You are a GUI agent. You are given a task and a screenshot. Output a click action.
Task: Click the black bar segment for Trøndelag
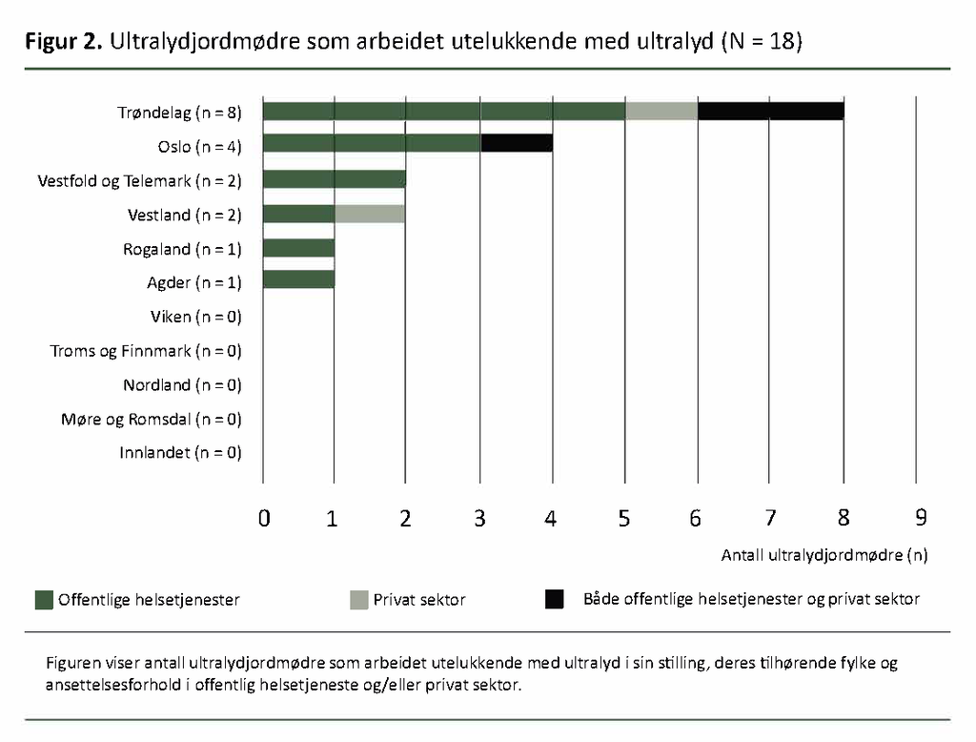[x=771, y=112]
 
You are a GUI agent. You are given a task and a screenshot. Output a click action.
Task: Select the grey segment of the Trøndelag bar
[x=661, y=112]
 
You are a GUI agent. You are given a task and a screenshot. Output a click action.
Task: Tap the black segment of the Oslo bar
[x=517, y=144]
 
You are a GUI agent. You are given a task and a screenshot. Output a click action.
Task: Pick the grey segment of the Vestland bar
[x=370, y=214]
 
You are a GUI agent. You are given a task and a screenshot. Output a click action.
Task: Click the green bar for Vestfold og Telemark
[x=334, y=179]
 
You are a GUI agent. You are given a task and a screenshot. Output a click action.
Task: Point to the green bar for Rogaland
[x=298, y=248]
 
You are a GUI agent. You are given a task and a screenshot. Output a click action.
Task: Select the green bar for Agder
[x=298, y=279]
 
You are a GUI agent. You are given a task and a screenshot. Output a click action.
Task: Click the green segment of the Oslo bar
[x=372, y=144]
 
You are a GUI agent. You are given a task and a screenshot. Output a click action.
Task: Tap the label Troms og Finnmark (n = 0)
[x=146, y=351]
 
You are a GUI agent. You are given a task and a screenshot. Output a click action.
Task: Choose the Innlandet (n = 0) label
[x=180, y=453]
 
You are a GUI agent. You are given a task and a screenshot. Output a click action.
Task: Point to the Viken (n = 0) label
[x=195, y=317]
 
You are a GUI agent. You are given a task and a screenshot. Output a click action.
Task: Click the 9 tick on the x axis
[x=921, y=518]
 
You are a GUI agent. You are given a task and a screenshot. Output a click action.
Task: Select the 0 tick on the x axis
[x=264, y=518]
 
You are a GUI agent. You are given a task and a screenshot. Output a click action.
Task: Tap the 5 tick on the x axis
[x=624, y=518]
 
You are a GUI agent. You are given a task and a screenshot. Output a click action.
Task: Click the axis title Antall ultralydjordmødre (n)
[x=824, y=554]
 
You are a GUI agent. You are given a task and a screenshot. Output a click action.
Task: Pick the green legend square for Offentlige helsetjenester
[x=43, y=599]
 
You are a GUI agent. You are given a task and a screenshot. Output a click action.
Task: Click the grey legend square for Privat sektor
[x=358, y=599]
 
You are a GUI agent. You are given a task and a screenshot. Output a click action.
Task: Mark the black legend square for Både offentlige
[x=554, y=599]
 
